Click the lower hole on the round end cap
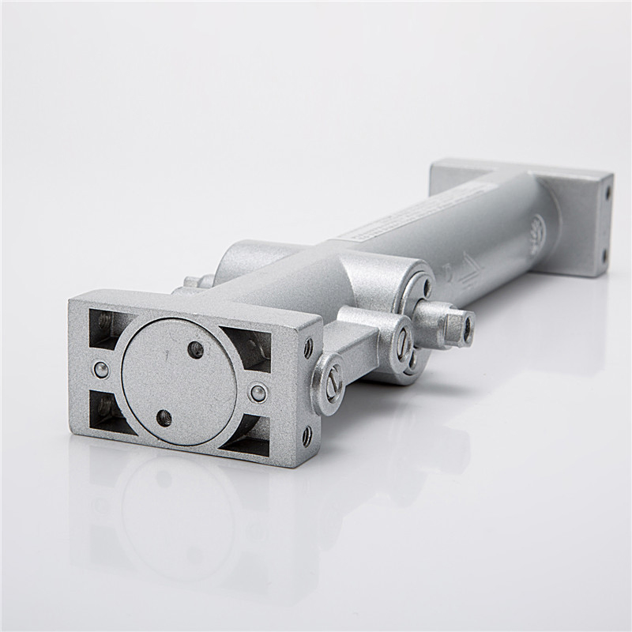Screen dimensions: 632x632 (x=164, y=418)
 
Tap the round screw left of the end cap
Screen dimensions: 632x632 (x=101, y=369)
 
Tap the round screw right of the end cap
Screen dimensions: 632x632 (x=258, y=393)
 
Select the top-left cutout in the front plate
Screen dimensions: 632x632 (x=108, y=327)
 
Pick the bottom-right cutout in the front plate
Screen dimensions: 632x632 (x=248, y=435)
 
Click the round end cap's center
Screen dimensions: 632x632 (x=179, y=382)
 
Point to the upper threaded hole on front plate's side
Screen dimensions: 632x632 (x=308, y=348)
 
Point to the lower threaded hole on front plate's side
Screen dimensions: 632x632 (x=307, y=435)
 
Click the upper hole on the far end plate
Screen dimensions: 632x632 (x=608, y=192)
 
